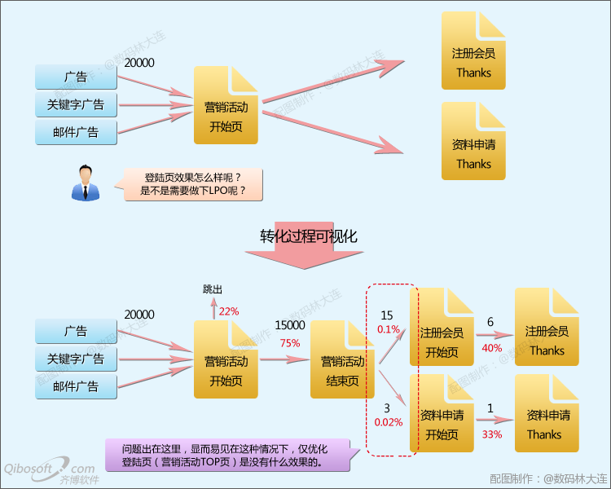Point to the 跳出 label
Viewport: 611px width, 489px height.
[213, 289]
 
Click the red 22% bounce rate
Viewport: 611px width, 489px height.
[229, 311]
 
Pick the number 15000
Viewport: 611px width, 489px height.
[290, 325]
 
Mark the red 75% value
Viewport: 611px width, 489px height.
[290, 343]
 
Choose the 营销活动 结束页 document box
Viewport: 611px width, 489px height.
[343, 360]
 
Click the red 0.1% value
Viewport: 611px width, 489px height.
[388, 329]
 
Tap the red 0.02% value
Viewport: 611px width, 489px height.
[388, 422]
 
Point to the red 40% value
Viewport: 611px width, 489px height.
[492, 348]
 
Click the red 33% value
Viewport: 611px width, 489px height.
[492, 434]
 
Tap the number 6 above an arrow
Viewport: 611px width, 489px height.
[490, 323]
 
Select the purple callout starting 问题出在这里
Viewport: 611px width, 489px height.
[229, 455]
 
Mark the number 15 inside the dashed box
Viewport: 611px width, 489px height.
[387, 315]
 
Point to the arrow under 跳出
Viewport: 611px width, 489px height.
[214, 309]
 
